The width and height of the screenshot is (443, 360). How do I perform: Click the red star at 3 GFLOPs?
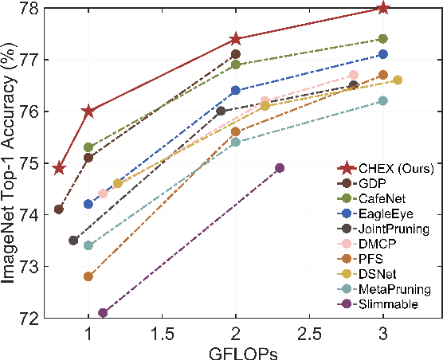[x=382, y=8]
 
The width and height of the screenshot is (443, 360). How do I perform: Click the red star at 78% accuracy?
[x=382, y=8]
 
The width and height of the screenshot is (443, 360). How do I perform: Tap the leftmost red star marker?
[x=59, y=168]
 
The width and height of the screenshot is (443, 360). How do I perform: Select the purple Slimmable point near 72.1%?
[x=103, y=313]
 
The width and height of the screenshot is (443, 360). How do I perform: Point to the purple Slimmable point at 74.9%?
[x=280, y=168]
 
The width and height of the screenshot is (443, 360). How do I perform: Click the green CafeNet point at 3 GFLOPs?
[x=382, y=39]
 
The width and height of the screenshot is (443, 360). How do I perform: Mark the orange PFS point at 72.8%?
[x=88, y=276]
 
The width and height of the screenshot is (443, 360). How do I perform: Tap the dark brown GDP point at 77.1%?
[x=236, y=54]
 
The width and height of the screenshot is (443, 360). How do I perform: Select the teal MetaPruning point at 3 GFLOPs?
[x=382, y=101]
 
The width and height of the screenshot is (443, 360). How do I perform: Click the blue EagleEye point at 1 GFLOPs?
[x=88, y=204]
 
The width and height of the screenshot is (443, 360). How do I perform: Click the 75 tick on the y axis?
[x=28, y=163]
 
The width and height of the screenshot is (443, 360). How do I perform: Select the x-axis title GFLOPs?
[x=236, y=351]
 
